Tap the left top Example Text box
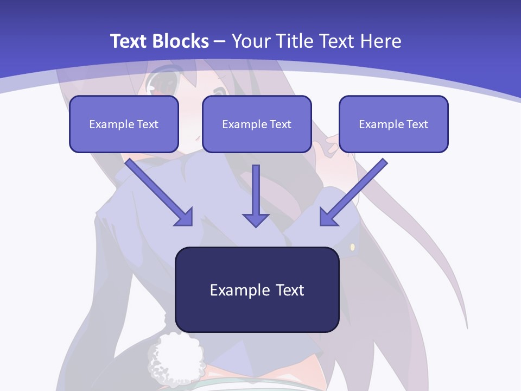124,124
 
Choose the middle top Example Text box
257,124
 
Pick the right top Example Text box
393,124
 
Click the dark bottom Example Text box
257,290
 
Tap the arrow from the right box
355,190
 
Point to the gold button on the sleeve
352,248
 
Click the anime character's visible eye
163,84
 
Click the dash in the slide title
220,42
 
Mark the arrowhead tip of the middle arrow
256,226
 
